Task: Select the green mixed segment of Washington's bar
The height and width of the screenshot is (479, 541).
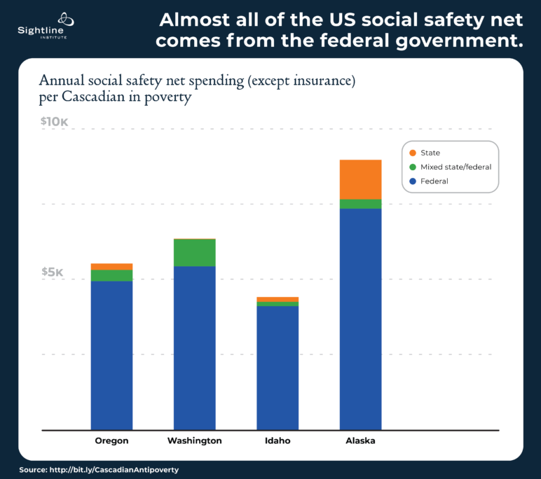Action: point(194,253)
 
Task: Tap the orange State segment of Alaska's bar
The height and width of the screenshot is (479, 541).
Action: point(360,179)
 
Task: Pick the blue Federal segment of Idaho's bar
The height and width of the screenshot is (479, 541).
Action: point(278,368)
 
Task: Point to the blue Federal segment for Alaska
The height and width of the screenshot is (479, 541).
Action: point(360,319)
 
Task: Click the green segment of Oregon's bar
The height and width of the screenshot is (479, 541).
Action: point(111,275)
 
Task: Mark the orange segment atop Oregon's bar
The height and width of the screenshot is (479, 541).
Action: point(111,266)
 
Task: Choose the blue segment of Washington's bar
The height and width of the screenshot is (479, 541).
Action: point(194,347)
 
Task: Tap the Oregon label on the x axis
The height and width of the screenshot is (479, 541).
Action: point(111,441)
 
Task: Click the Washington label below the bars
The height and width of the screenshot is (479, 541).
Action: point(194,441)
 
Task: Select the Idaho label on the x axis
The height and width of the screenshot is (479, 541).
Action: point(278,441)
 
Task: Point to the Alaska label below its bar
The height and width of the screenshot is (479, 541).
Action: point(360,441)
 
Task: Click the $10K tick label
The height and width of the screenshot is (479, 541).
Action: point(54,122)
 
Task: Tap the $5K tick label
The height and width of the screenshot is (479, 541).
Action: point(52,272)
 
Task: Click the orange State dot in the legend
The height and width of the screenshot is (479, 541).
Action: point(413,153)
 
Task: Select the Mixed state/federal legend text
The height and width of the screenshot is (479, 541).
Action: point(456,167)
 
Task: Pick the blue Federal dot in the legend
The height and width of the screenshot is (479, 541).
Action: point(413,181)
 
